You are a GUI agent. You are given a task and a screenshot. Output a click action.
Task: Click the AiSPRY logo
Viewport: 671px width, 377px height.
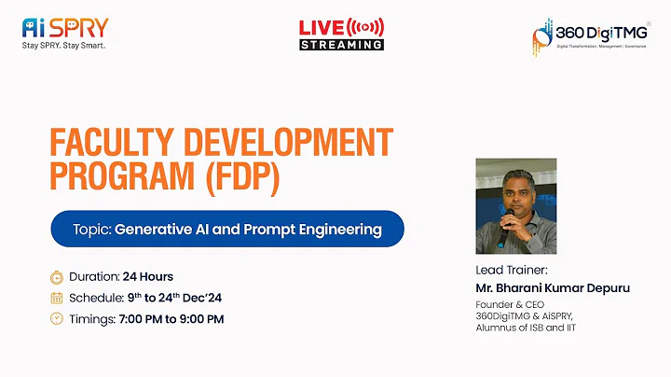[x=64, y=27]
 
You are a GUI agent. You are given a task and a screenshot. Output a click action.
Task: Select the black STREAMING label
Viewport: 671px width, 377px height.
[x=341, y=44]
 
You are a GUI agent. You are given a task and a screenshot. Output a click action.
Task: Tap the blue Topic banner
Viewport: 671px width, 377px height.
[x=226, y=229]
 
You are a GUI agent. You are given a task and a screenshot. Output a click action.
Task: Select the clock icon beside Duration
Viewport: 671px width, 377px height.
[x=57, y=277]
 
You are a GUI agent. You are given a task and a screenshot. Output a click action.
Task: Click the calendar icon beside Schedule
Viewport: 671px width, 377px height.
[x=57, y=298]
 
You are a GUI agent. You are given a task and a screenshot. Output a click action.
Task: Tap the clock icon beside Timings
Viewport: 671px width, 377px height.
[x=57, y=318]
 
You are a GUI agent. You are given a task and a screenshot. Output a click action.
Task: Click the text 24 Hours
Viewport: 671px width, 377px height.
[x=148, y=277]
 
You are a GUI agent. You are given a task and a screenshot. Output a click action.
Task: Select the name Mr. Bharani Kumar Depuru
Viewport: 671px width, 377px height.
[x=553, y=287]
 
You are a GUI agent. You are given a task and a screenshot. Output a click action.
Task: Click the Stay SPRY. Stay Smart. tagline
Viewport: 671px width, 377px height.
[x=63, y=45]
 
